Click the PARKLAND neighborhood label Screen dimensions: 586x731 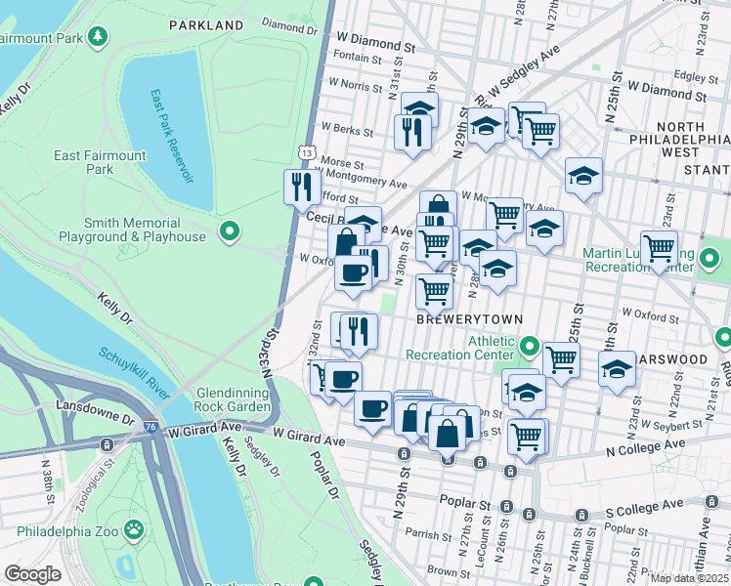point(206,24)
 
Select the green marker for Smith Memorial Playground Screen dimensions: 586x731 point(230,231)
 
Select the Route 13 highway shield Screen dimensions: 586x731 point(308,153)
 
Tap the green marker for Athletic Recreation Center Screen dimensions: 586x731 point(530,347)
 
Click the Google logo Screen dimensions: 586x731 point(31,573)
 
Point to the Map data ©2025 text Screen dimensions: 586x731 point(688,578)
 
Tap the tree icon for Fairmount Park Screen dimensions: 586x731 point(98,38)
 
